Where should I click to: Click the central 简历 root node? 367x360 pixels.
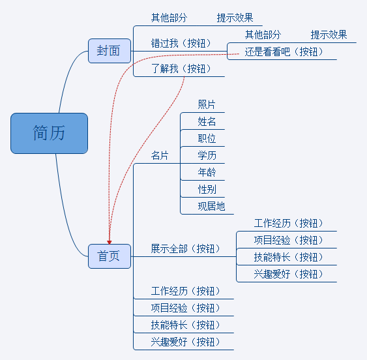point(49,133)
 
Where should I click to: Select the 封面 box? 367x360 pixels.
point(110,51)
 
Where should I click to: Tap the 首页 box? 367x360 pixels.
point(110,256)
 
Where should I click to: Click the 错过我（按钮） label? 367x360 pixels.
point(181,43)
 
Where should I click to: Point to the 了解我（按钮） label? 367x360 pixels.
point(181,68)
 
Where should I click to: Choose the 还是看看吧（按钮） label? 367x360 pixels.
point(284,52)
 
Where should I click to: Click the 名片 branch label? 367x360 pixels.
point(160,155)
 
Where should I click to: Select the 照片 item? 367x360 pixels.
point(207,104)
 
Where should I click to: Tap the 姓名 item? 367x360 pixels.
point(207,121)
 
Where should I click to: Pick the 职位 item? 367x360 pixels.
point(207,138)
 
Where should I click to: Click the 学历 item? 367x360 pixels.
point(207,155)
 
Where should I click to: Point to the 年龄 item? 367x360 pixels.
point(207,172)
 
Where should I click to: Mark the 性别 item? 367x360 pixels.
point(207,189)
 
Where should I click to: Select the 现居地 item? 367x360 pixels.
point(211,206)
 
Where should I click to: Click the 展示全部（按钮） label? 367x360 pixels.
point(185,248)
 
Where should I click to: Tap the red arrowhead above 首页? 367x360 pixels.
point(110,242)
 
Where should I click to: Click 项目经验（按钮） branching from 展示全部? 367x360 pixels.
point(288,240)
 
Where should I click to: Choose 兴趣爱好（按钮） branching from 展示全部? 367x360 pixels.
point(288,274)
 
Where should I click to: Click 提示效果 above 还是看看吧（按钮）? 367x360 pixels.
point(329,35)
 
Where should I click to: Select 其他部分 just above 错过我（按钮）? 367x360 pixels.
point(169,18)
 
